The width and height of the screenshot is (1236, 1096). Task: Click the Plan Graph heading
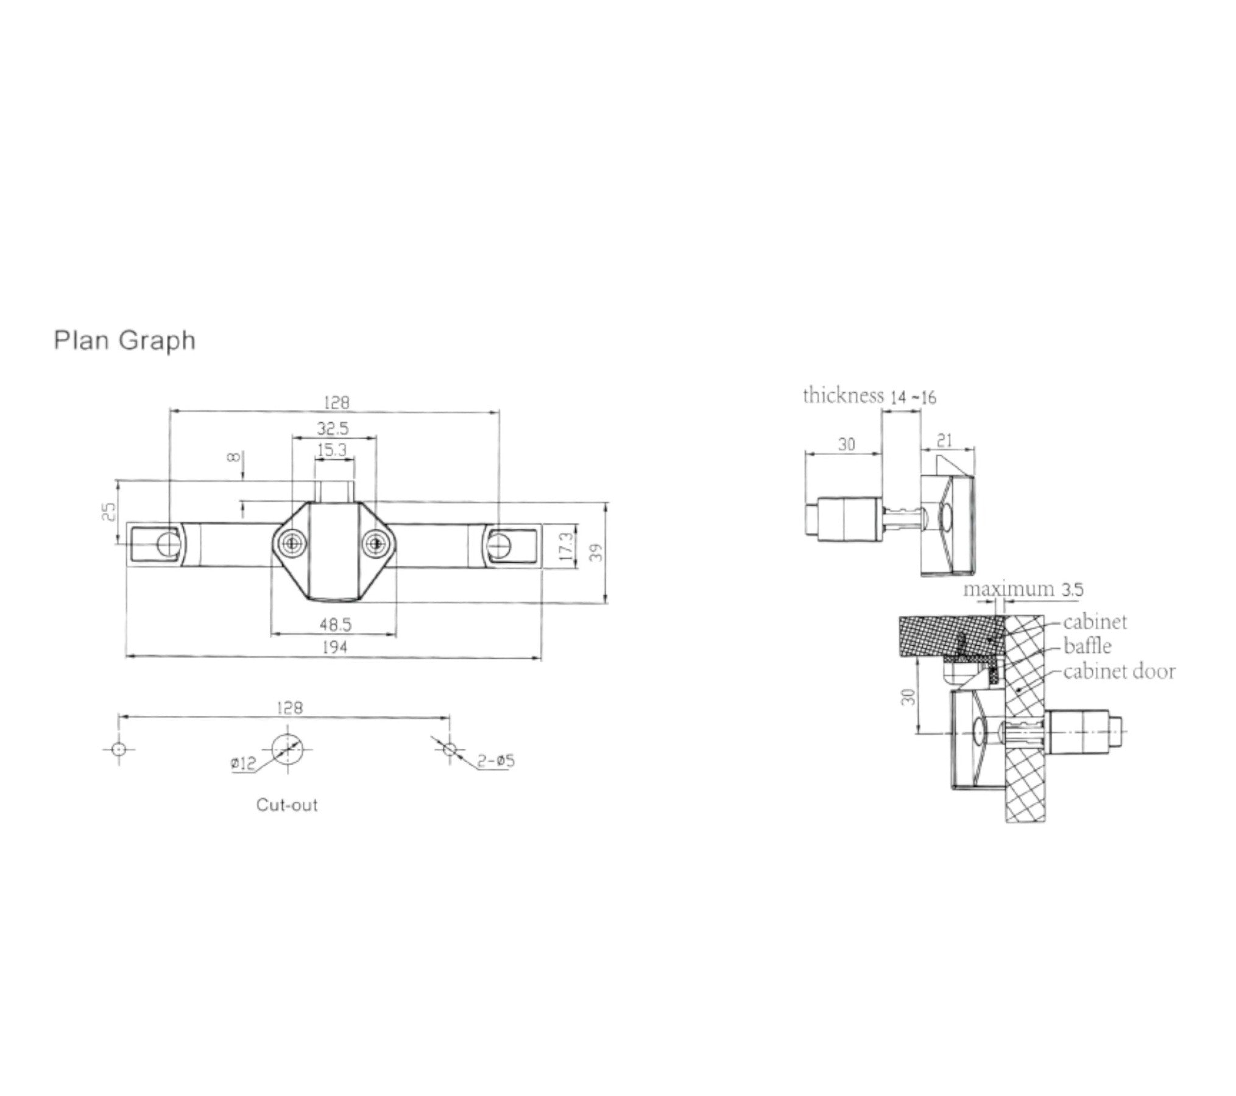click(x=125, y=341)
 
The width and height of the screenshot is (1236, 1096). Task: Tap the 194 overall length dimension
click(x=334, y=647)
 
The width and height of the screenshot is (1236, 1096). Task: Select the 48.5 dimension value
click(x=335, y=624)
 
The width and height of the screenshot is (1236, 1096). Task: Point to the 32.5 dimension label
click(x=333, y=428)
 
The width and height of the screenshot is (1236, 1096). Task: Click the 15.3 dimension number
click(x=332, y=451)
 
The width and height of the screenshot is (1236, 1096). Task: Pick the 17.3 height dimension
click(x=565, y=546)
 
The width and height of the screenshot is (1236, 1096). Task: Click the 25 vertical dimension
click(x=107, y=511)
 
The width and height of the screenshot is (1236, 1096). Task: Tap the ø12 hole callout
click(x=244, y=763)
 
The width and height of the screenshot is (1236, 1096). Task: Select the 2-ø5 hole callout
click(x=496, y=760)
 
